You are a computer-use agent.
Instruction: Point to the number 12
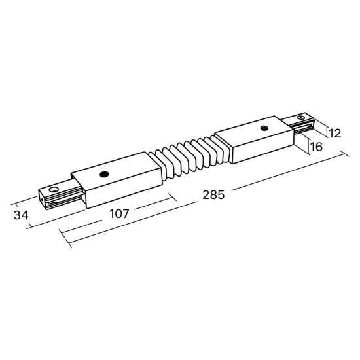pyautogui.click(x=334, y=134)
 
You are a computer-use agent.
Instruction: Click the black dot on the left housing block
pyautogui.click(x=103, y=175)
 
